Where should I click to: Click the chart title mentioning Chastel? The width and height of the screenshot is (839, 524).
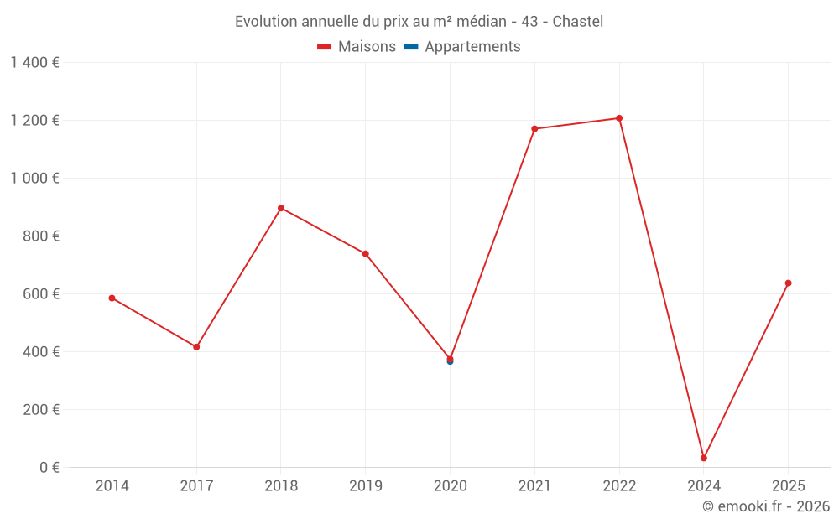click(419, 21)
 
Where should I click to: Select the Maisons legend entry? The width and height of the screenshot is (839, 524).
click(357, 47)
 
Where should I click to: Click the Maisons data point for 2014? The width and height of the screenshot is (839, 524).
click(112, 298)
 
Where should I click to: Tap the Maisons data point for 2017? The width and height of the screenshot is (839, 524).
click(196, 347)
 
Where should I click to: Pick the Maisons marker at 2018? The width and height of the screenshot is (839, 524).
click(281, 208)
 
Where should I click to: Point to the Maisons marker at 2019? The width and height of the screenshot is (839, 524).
click(366, 254)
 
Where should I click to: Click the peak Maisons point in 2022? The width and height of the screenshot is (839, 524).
click(619, 118)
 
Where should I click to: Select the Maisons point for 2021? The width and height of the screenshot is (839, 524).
click(534, 129)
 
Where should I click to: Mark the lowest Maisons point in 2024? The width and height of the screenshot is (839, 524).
click(704, 458)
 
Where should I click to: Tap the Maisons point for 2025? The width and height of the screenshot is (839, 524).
click(789, 283)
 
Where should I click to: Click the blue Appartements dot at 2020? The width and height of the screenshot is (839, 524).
click(450, 362)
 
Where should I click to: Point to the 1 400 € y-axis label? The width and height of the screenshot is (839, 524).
click(34, 62)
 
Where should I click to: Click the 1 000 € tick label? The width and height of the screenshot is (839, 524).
click(34, 178)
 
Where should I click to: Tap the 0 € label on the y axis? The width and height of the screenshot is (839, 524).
click(50, 467)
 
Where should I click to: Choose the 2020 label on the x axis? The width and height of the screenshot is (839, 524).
click(450, 485)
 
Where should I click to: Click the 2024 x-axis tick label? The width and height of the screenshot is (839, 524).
click(704, 485)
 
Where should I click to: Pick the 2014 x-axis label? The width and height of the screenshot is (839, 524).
click(112, 485)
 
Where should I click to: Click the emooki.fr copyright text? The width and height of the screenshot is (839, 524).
click(766, 506)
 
